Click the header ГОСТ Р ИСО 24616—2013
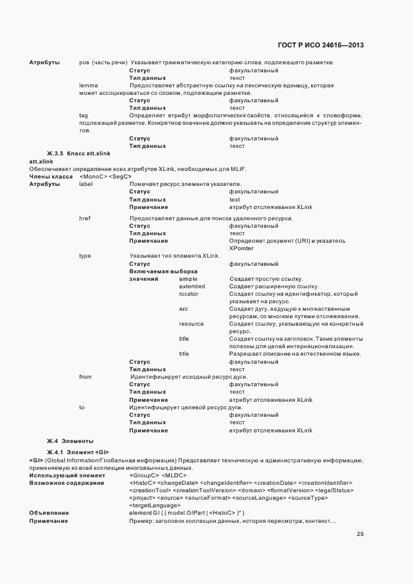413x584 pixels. (319, 45)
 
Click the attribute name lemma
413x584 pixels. (88, 85)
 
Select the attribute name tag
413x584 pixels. (83, 115)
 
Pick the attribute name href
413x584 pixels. (85, 218)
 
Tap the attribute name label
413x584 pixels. (86, 184)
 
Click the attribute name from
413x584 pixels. (86, 377)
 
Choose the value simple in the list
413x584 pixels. (188, 278)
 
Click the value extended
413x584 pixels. (192, 286)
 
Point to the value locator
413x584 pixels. (189, 293)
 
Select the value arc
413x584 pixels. (183, 309)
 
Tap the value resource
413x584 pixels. (191, 324)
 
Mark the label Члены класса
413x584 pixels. (52, 177)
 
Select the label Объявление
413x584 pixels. (49, 512)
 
